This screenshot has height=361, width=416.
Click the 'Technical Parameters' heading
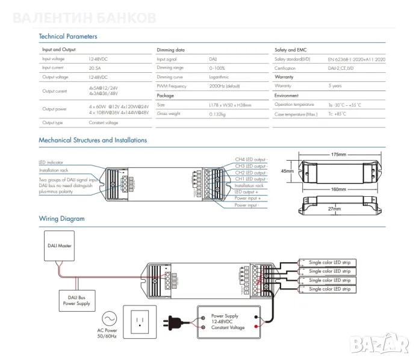(67, 37)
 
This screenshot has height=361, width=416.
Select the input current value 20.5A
(96, 68)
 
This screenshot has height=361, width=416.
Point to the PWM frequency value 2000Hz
(220, 87)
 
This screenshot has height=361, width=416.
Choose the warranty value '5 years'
(335, 86)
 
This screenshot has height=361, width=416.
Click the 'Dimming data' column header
(171, 50)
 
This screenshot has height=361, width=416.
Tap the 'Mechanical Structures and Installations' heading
(93, 140)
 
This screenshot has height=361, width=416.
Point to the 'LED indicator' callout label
(51, 162)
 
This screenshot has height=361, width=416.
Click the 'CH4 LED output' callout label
(251, 160)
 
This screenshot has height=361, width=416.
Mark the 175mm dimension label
(338, 155)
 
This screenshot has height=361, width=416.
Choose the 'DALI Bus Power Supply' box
(75, 300)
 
